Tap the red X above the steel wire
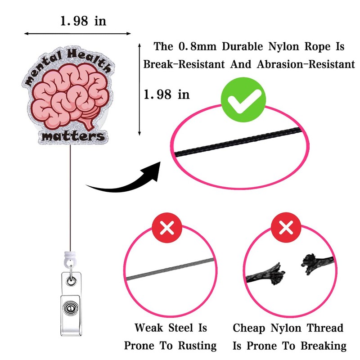167,228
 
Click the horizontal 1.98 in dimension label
83,21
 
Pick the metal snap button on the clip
69,310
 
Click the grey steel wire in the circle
169,270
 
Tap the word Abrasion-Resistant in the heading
306,64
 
